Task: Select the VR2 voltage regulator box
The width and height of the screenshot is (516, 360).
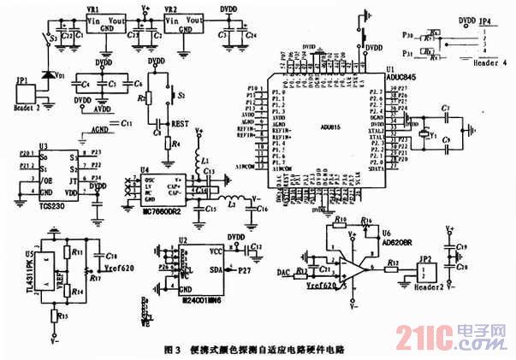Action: pos(187,21)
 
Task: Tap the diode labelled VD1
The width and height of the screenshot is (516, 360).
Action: pos(50,69)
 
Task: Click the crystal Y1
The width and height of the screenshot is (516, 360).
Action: pos(424,134)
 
